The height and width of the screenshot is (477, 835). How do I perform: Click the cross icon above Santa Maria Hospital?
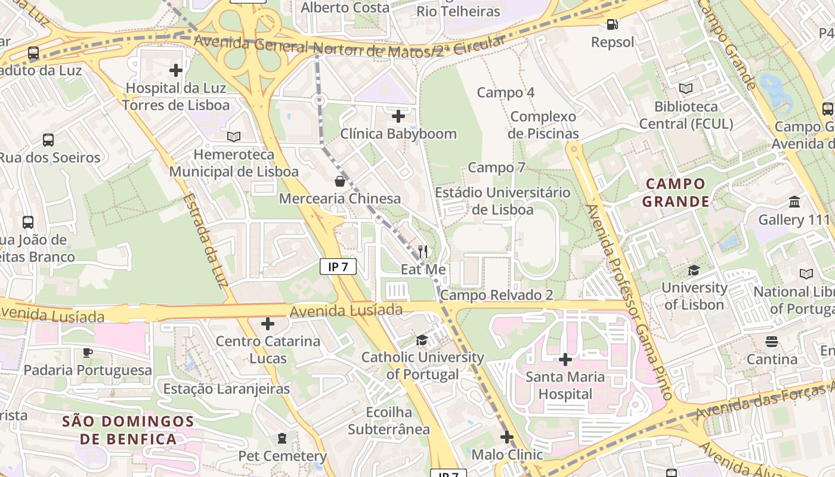[x=565, y=360]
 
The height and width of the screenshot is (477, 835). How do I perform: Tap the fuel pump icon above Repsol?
[x=613, y=24]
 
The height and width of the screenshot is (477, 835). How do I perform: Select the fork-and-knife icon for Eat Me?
[x=423, y=252]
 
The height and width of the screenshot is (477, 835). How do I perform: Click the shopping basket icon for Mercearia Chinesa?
[x=340, y=181]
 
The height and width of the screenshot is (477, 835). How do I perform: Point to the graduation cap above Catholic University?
[x=422, y=340]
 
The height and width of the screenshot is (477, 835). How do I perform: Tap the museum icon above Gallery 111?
[x=794, y=202]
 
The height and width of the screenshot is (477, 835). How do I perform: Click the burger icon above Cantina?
[x=772, y=342]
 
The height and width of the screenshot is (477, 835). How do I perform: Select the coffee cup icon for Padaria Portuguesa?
[x=88, y=352]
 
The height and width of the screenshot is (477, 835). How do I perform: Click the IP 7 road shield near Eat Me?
[x=338, y=267]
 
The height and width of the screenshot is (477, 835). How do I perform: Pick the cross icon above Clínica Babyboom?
[x=398, y=116]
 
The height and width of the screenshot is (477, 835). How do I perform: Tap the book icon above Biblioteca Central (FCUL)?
[x=686, y=89]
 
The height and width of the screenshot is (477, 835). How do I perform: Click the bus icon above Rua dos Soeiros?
[x=48, y=140]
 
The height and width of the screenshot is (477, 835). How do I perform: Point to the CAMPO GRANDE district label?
[x=675, y=193]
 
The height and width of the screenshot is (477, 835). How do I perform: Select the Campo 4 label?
[x=506, y=92]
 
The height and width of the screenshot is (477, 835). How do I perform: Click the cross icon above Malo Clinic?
[x=507, y=437]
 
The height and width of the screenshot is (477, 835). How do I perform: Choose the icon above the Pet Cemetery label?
[x=282, y=439]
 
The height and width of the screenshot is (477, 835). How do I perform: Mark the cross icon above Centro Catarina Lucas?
[x=268, y=324]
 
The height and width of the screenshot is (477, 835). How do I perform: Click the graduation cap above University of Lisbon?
[x=694, y=271]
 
